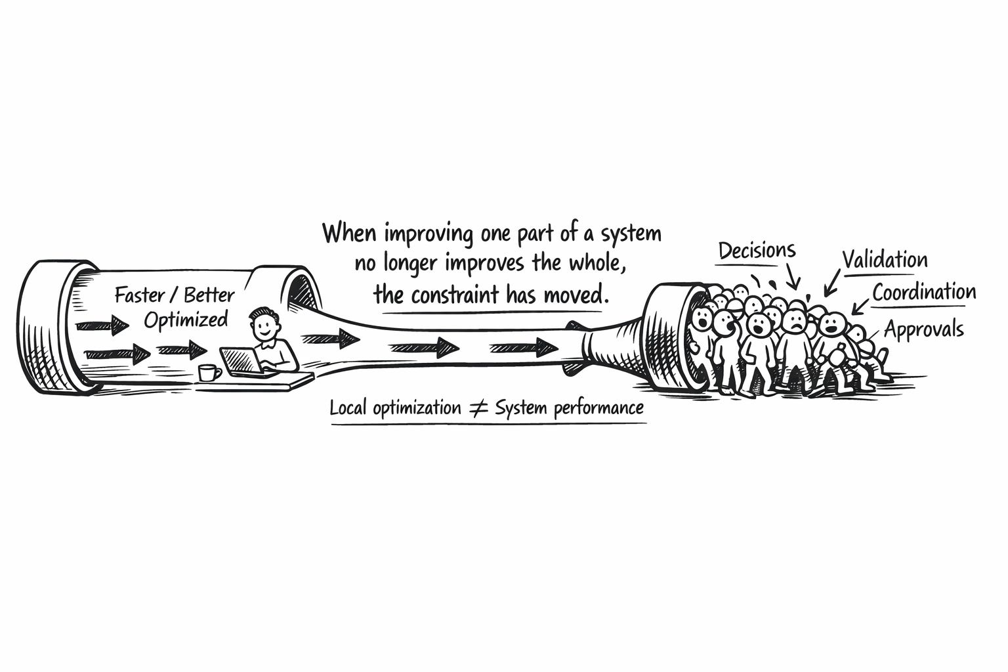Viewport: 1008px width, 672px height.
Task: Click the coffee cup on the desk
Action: pos(209,372)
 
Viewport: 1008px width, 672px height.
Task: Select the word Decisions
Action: pos(757,251)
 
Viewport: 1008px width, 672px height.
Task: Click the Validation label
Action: pos(885,260)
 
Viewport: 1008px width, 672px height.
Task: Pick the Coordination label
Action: pos(924,292)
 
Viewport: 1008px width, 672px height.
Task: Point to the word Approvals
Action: pos(923,329)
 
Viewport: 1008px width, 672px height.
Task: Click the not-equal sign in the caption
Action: pos(478,409)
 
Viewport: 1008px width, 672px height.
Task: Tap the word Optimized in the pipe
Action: pos(186,320)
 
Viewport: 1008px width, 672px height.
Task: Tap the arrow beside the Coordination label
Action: pos(859,306)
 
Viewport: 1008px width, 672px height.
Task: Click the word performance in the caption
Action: pos(598,408)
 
